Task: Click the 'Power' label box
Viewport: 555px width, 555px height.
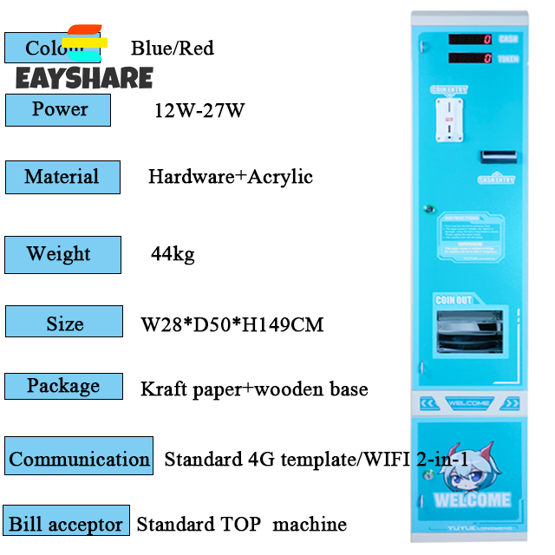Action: tap(59, 110)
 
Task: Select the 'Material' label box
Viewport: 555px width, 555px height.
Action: tap(62, 177)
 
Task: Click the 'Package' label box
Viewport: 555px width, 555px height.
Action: tap(63, 386)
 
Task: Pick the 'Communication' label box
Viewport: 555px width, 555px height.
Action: tap(79, 458)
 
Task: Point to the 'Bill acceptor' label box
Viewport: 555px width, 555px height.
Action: tap(66, 523)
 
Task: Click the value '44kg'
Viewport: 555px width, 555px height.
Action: tap(173, 254)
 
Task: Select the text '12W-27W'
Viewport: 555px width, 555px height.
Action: tap(199, 111)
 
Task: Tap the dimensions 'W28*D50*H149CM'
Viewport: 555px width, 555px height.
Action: tap(232, 325)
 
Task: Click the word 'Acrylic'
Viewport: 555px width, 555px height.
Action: tap(280, 177)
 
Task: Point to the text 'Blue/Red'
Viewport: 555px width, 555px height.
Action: tap(173, 48)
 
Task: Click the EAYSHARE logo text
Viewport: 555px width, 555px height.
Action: tap(84, 79)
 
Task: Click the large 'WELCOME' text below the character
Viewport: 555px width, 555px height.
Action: tap(472, 500)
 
